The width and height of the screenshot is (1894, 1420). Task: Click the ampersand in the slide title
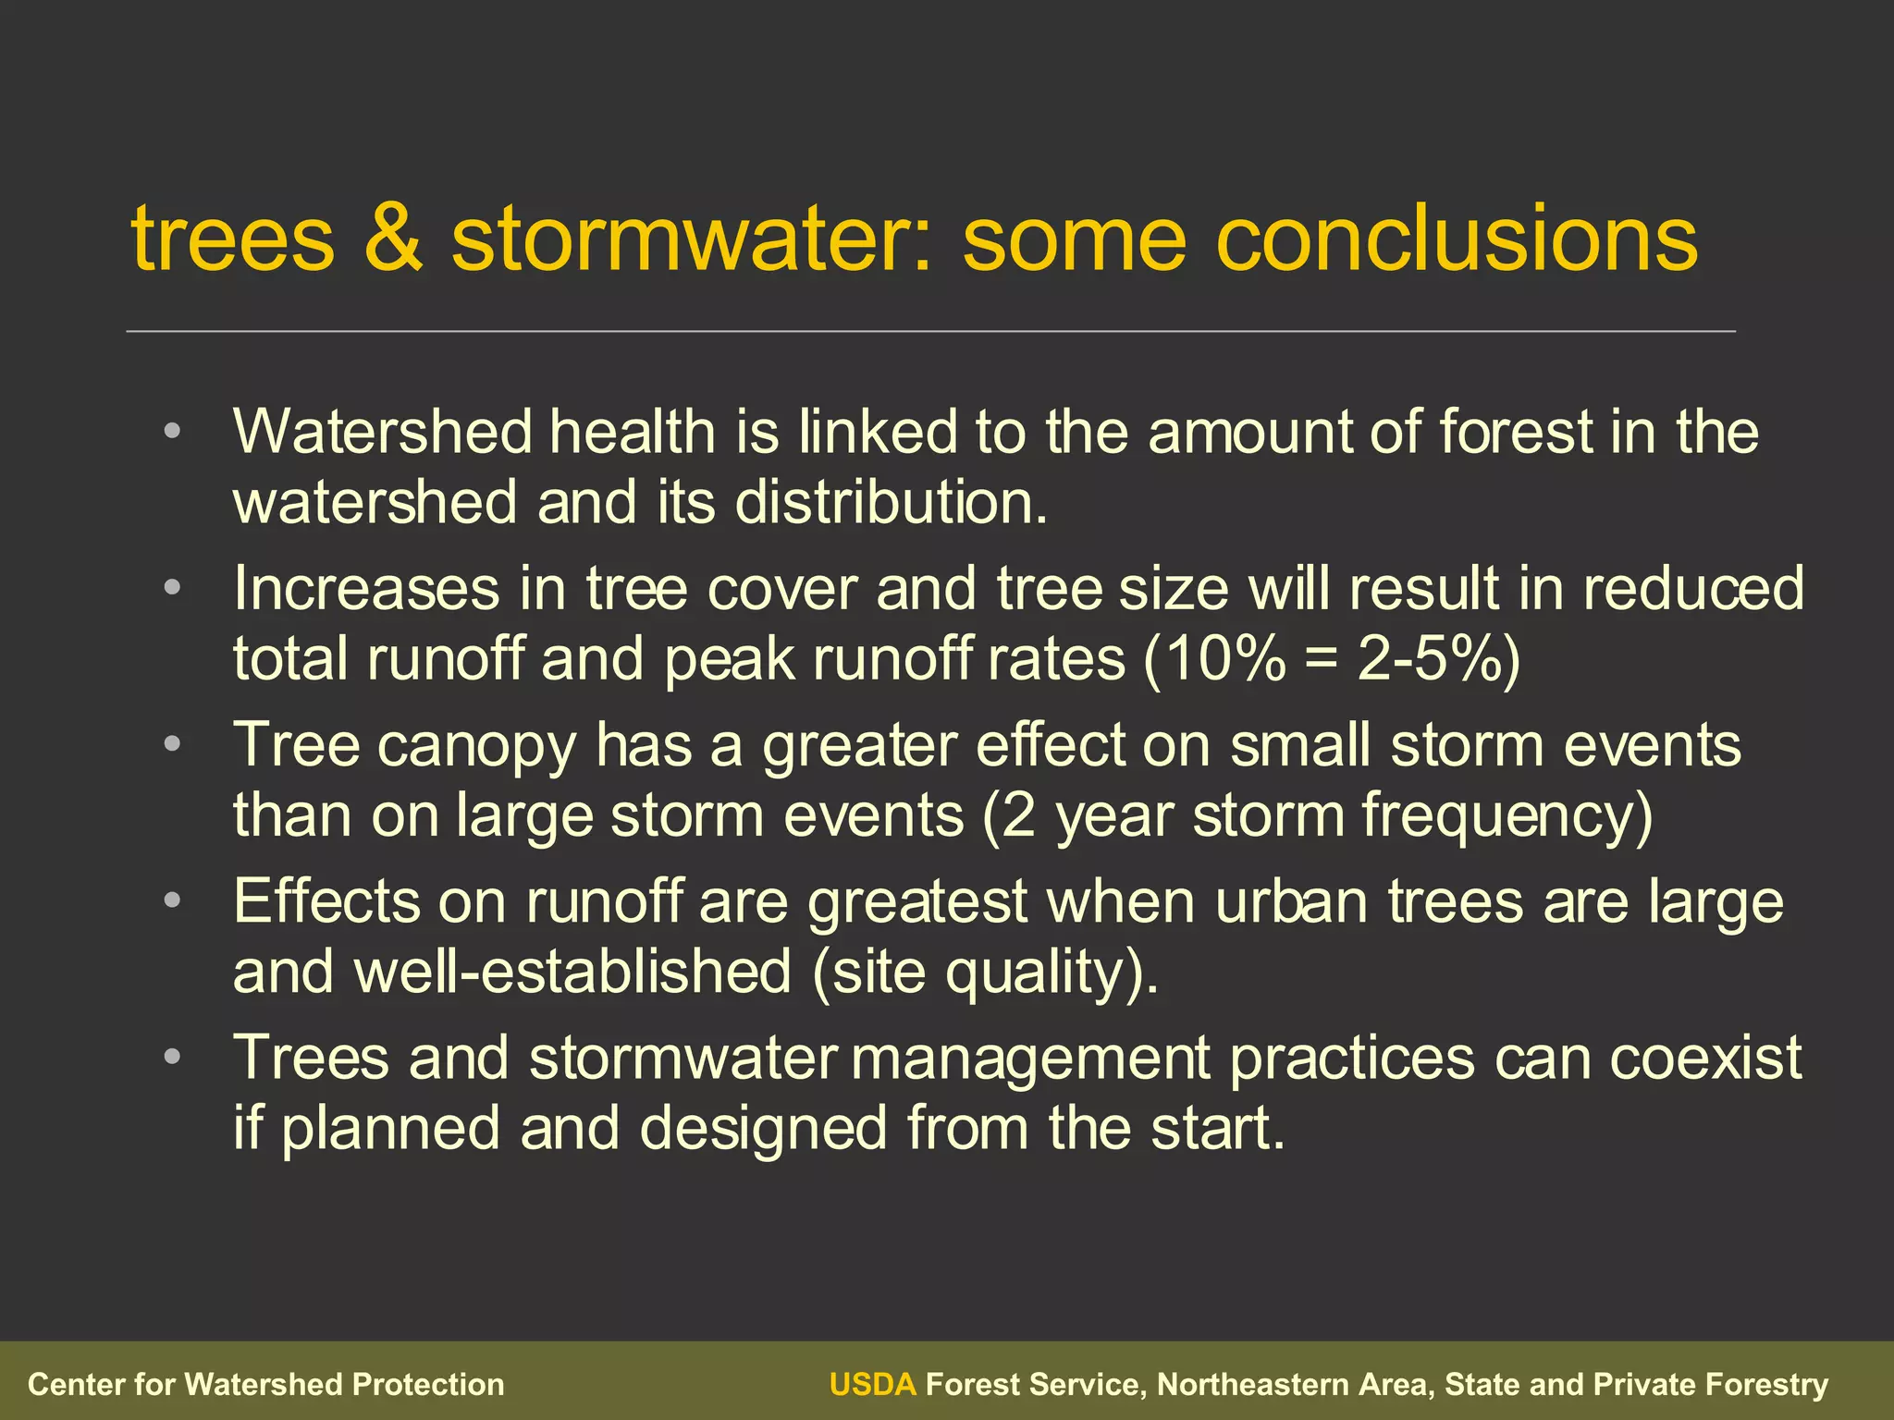click(x=392, y=239)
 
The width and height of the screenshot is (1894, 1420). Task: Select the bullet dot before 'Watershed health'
click(x=172, y=431)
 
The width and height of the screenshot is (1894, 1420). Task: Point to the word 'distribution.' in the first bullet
click(x=892, y=503)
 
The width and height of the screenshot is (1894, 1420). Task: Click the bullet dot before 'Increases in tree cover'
click(x=172, y=588)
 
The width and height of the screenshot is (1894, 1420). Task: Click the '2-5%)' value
click(x=1439, y=660)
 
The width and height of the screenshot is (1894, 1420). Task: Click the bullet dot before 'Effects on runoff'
click(x=172, y=900)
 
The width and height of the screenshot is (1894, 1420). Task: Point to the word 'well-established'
click(x=572, y=973)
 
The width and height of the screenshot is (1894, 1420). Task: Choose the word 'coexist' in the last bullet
click(x=1705, y=1058)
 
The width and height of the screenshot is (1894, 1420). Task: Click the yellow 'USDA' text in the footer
click(x=872, y=1384)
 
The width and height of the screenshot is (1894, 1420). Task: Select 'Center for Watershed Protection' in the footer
click(x=266, y=1384)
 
